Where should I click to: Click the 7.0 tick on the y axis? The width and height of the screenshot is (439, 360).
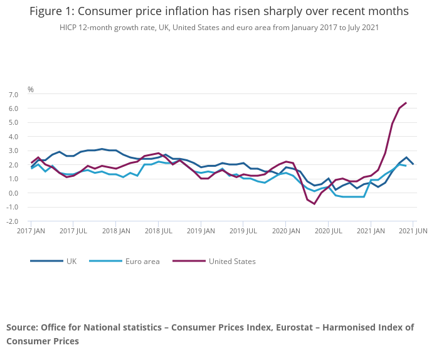tap(13, 94)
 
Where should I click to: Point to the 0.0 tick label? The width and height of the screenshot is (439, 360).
tap(13, 193)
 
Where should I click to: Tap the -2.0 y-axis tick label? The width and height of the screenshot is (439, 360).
tap(13, 221)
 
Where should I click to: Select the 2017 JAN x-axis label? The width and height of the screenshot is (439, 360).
tap(31, 231)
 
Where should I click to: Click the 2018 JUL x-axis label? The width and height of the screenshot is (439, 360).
tap(159, 231)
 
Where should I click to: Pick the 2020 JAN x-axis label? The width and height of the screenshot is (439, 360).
tap(285, 231)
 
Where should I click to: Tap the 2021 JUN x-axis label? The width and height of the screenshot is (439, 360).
tap(413, 231)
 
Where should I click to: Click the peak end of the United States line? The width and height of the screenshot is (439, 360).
tap(406, 103)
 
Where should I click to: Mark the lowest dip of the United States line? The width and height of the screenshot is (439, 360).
tap(314, 204)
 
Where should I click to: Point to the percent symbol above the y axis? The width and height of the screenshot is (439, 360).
tap(30, 90)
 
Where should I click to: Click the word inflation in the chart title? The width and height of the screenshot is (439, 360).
tap(203, 11)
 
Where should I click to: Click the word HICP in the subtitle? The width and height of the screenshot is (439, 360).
tap(69, 28)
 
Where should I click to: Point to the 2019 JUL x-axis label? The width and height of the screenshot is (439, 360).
tap(244, 231)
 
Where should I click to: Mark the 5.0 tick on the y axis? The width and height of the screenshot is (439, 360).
tap(13, 122)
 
